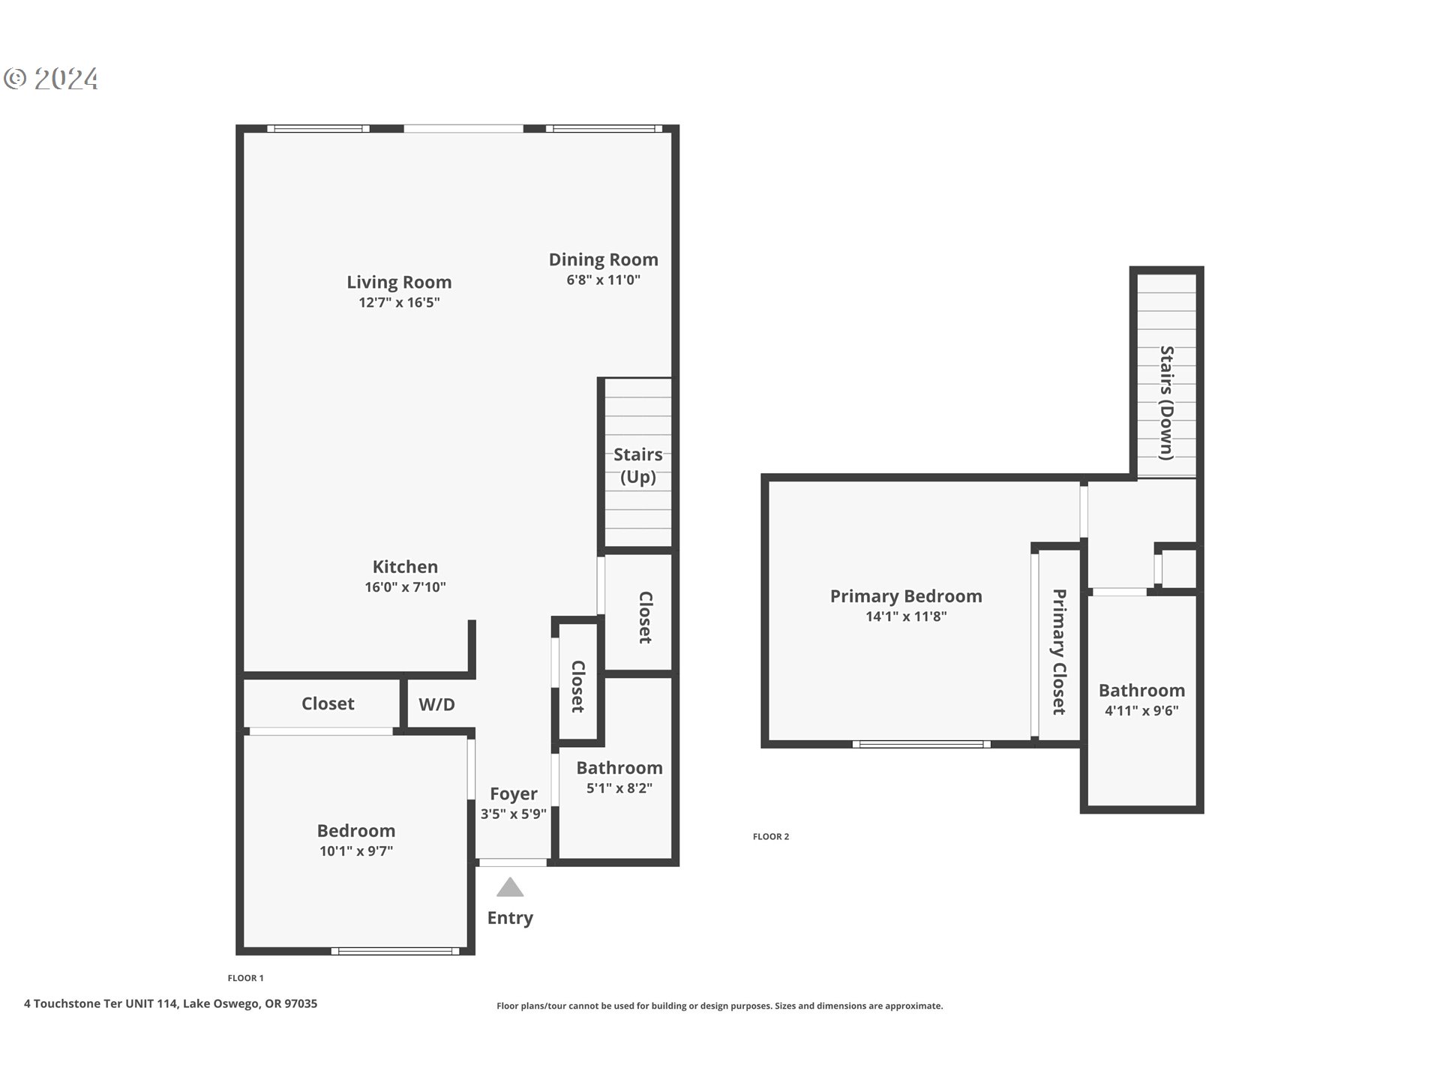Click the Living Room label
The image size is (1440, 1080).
coord(399,282)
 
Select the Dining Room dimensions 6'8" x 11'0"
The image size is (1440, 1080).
coord(603,280)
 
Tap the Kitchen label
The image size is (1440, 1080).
coord(405,567)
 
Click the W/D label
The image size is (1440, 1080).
coord(436,704)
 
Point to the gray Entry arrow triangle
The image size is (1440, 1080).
coord(510,888)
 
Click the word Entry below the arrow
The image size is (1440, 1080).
coord(510,918)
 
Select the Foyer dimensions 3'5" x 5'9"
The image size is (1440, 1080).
coord(514,814)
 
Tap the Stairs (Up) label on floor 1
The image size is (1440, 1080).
coord(637,465)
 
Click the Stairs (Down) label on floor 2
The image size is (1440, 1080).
coord(1167,403)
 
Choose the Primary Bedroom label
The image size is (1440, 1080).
coord(906,596)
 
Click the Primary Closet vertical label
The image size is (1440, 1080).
coord(1058,651)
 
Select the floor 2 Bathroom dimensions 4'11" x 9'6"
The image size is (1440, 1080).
coord(1141,710)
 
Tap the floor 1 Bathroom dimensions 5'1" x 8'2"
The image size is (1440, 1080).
coord(619,788)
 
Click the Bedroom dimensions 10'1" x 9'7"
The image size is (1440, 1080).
coord(356,850)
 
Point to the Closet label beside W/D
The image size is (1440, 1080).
coord(328,703)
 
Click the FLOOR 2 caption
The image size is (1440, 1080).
coord(771,836)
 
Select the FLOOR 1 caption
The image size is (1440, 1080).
coord(245,978)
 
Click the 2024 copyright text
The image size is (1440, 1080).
coord(66,79)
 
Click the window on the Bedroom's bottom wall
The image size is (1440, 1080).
coord(395,951)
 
